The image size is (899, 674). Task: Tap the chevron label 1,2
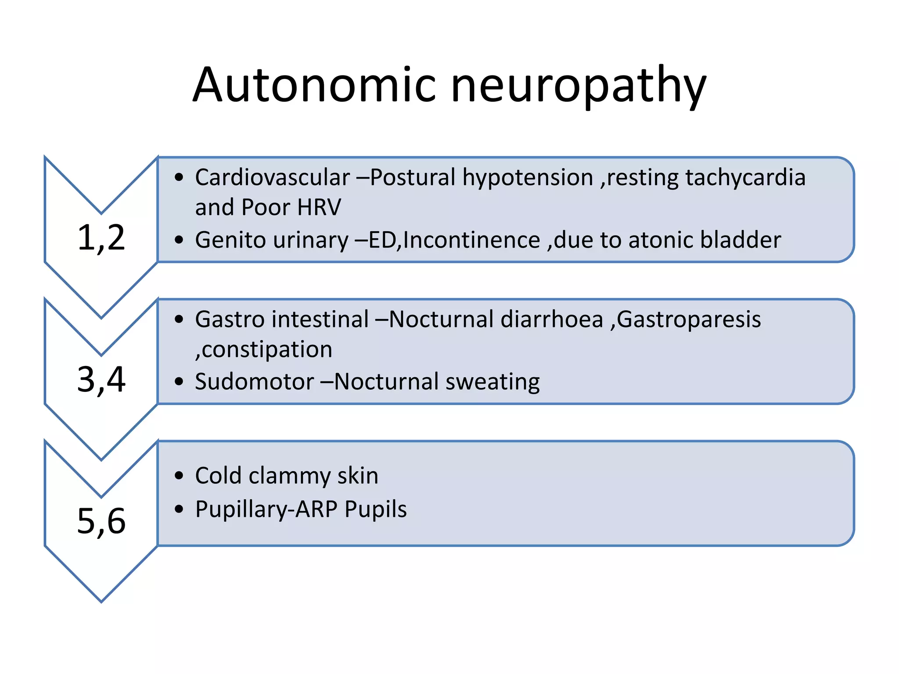point(101,238)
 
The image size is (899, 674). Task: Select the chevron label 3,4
point(101,380)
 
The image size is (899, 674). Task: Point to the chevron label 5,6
point(101,521)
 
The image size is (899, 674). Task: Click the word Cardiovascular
point(272,178)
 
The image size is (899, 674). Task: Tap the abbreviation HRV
point(319,207)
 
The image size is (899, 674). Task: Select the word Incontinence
point(471,240)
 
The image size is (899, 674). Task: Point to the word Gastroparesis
point(689,319)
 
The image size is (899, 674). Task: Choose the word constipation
point(266,350)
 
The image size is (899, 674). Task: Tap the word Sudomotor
point(254,381)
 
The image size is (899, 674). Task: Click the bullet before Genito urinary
point(178,240)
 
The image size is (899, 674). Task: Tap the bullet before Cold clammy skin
point(178,476)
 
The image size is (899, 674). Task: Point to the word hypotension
point(528,178)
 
